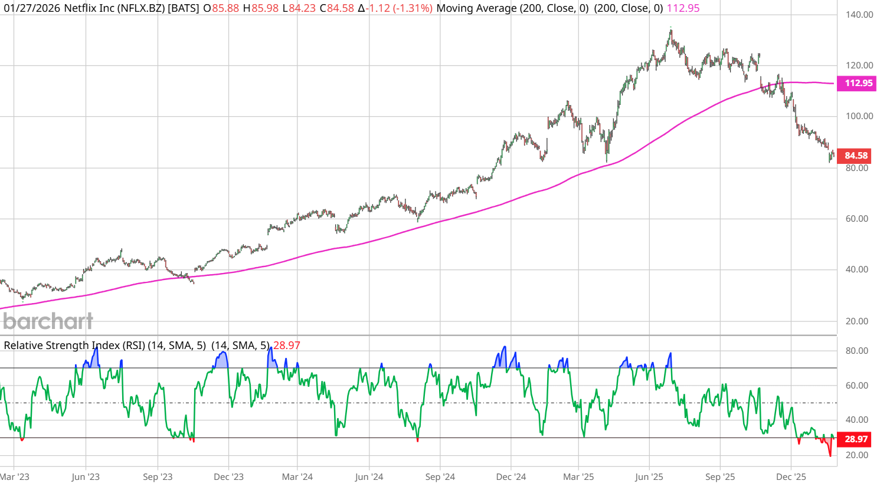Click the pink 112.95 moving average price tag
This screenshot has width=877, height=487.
click(x=858, y=83)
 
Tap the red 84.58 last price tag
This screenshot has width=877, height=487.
click(x=856, y=156)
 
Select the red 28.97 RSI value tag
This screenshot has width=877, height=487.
click(x=856, y=439)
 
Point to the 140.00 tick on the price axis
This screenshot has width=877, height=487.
click(x=859, y=15)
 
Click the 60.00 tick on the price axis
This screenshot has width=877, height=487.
click(x=856, y=219)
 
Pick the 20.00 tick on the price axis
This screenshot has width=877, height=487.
click(x=856, y=321)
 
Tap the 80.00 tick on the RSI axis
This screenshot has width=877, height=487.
click(x=856, y=351)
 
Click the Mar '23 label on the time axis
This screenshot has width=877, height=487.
click(x=15, y=477)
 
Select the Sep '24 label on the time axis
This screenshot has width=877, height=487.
click(x=440, y=477)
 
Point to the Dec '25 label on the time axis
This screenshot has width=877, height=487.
click(x=791, y=477)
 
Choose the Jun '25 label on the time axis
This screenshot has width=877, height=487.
click(x=649, y=477)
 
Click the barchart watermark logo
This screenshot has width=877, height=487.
click(x=48, y=321)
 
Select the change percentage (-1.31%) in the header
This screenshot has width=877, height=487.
click(x=413, y=8)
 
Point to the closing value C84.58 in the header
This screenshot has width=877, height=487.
click(x=337, y=8)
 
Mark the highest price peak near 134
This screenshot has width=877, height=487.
click(x=670, y=29)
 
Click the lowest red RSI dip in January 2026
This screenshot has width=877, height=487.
click(x=830, y=456)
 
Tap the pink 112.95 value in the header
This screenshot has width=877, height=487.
click(x=683, y=8)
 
